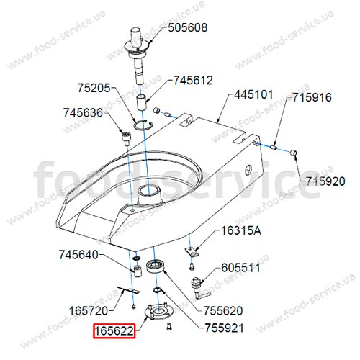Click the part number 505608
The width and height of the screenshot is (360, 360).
tap(187, 27)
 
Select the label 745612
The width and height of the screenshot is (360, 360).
tap(193, 80)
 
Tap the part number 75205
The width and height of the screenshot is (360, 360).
tap(94, 88)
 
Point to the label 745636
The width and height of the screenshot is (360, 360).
tap(83, 112)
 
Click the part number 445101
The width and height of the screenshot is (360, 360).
tap(253, 94)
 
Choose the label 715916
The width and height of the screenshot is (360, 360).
tap(312, 97)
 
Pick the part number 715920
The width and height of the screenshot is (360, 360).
tap(325, 181)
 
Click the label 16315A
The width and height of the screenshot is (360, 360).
tap(241, 230)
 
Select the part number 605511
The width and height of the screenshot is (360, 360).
tap(240, 268)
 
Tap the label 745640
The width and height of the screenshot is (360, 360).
tap(78, 255)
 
